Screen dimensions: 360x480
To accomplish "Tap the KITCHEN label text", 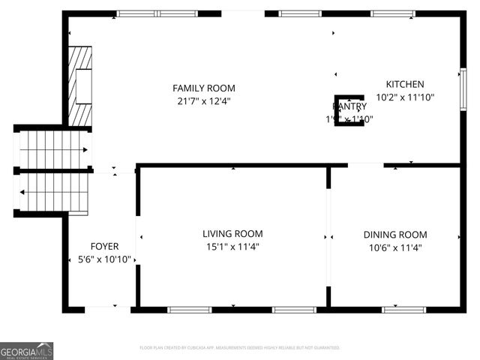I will [405, 85].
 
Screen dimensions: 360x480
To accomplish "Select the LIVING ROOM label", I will [232, 234].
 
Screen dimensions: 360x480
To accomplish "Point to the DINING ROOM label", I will [395, 235].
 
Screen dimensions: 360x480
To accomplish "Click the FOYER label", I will [104, 247].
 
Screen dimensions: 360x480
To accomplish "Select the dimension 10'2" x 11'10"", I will [405, 97].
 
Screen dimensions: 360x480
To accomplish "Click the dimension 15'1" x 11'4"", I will [232, 247].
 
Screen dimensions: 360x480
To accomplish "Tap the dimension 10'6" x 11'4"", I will [395, 247].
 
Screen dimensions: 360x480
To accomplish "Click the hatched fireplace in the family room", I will [79, 86].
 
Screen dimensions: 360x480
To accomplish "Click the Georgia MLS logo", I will [27, 351].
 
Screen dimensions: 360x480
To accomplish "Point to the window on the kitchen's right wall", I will [463, 89].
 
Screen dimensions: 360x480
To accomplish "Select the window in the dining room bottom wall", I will [404, 309].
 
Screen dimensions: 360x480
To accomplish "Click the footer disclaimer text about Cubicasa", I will [240, 348].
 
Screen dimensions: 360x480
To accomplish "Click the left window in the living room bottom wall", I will [189, 309].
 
